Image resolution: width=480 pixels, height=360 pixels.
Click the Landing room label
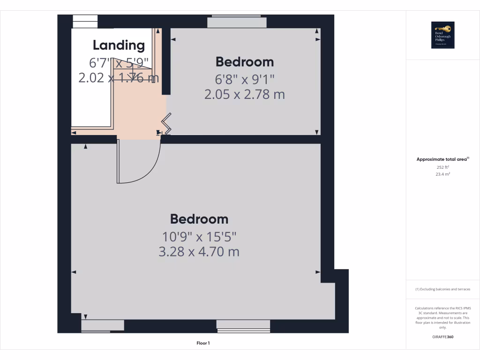119,45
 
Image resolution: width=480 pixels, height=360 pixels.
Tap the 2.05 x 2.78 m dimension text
244,94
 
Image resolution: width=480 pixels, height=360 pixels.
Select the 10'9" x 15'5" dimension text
199,236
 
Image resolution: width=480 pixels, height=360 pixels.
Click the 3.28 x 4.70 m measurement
199,252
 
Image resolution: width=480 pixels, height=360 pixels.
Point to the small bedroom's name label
244,61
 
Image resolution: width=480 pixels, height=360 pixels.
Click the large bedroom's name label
199,219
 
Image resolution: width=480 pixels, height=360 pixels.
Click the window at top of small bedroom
237,22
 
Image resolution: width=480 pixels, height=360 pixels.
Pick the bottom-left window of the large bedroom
103,326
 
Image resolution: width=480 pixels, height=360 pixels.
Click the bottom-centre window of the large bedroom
243,326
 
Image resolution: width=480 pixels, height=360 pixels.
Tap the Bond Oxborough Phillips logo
442,35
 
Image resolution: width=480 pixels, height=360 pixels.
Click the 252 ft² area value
442,167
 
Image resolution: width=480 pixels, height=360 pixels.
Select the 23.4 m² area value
442,174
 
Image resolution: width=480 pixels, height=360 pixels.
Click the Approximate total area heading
442,159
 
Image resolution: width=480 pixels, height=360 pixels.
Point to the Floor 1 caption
203,343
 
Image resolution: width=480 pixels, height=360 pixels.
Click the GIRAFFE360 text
442,337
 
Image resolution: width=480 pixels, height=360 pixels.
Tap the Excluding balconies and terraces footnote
442,289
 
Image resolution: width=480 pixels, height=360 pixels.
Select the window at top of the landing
85,22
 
